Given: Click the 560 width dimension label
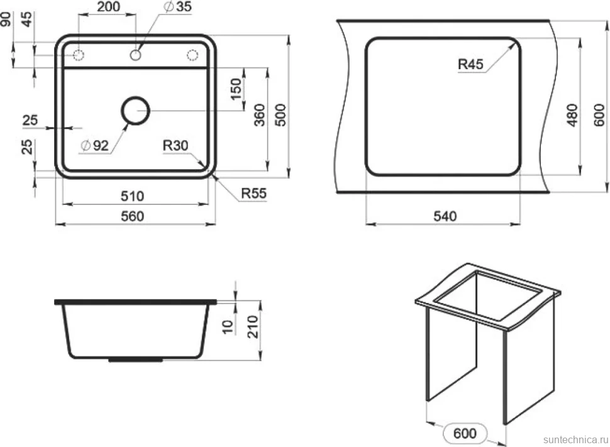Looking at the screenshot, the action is pos(132,216).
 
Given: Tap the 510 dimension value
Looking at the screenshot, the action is pos(132,196).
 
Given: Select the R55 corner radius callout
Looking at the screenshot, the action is pos(253,194).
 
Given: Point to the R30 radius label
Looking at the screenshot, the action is pos(175,145).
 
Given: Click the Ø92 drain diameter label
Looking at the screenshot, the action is pos(94,145).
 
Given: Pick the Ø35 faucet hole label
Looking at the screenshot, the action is pos(178,7).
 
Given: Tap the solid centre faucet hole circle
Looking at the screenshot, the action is pos(135,55).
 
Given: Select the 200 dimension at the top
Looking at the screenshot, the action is pos(109,7).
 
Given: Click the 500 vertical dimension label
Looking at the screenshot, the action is pos(280,115).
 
